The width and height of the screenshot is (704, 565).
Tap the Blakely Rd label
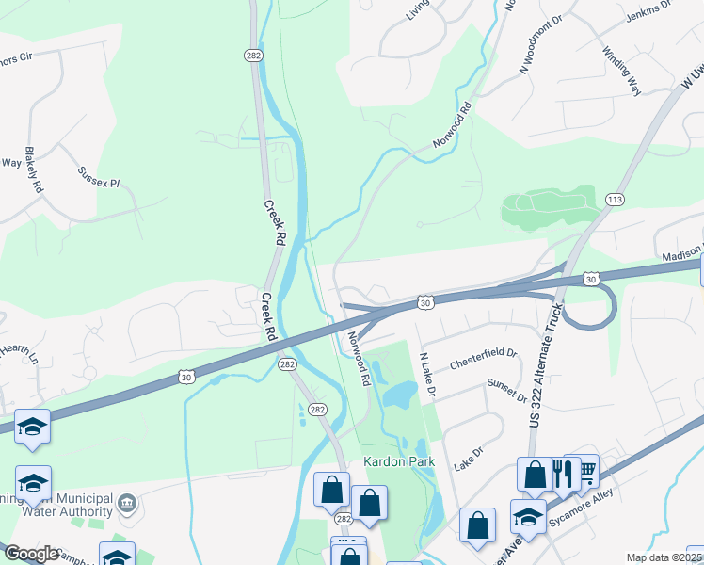click(x=35, y=170)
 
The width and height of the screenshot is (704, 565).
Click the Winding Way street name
click(x=621, y=70)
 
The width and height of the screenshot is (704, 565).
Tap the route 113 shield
click(x=615, y=199)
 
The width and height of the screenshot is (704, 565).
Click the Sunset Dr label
click(x=506, y=391)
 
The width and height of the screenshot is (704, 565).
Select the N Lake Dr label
click(x=427, y=373)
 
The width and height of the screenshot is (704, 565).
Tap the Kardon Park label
click(x=393, y=462)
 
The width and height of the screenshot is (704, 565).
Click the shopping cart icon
click(x=585, y=469)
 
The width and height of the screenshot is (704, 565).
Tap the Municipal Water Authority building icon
click(x=127, y=505)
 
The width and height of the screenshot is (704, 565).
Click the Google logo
click(x=31, y=555)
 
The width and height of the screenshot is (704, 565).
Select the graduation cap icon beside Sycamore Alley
click(x=528, y=516)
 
